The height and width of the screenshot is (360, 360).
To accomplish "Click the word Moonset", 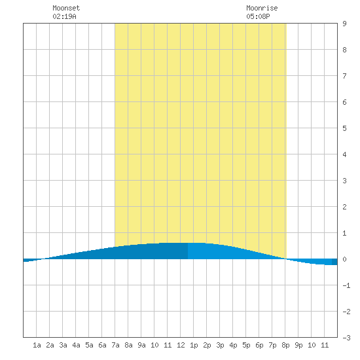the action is click(66, 8).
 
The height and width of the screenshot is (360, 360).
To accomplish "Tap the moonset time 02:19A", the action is click(64, 16).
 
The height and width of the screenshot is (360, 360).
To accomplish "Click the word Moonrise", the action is click(262, 8).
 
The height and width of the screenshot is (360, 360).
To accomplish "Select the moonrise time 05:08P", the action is click(258, 16).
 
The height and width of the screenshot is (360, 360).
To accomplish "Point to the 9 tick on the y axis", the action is click(344, 24).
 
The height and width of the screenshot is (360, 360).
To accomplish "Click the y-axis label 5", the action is click(344, 128).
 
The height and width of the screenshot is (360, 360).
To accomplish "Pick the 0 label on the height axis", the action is click(344, 259).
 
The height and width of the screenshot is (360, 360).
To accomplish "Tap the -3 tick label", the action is click(346, 338).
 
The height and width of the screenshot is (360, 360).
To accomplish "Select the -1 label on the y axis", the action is click(346, 285).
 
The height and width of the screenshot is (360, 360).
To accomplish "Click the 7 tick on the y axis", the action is click(344, 76).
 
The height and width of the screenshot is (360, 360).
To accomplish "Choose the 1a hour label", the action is click(37, 345).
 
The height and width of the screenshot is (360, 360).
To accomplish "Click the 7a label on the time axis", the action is click(115, 345).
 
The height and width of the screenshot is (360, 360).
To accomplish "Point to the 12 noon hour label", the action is click(181, 345).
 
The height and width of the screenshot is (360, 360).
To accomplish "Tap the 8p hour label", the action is click(285, 345).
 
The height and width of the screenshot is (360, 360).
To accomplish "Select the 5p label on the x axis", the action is click(246, 345).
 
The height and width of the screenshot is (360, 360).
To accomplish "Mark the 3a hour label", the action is click(63, 345).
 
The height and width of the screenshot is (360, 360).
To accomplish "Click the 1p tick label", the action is click(194, 345).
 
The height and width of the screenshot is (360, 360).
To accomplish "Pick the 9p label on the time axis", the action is click(298, 345).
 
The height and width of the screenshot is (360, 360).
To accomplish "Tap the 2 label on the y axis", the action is click(344, 207).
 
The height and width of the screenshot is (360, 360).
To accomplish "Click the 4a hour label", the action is click(76, 345).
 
